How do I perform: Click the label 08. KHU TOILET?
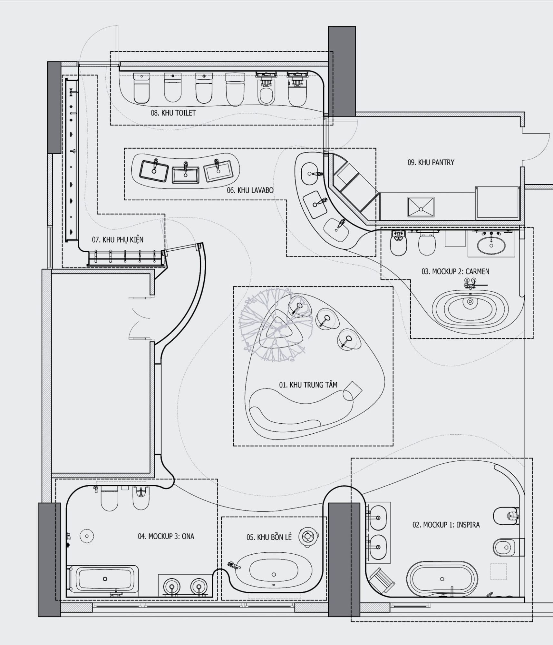pyautogui.click(x=173, y=113)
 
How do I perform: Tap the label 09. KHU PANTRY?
pyautogui.click(x=431, y=162)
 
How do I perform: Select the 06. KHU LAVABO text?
pyautogui.click(x=250, y=190)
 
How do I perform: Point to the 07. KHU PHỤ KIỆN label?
pyautogui.click(x=118, y=239)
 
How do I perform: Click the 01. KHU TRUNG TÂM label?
pyautogui.click(x=308, y=385)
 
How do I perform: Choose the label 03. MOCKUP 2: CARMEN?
pyautogui.click(x=455, y=271)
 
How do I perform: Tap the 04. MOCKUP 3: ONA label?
pyautogui.click(x=166, y=536)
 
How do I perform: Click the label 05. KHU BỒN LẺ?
pyautogui.click(x=269, y=537)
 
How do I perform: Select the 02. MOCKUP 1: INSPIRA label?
pyautogui.click(x=446, y=525)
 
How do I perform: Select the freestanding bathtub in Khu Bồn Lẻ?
pyautogui.click(x=273, y=574)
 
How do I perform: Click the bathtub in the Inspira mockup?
pyautogui.click(x=442, y=579)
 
